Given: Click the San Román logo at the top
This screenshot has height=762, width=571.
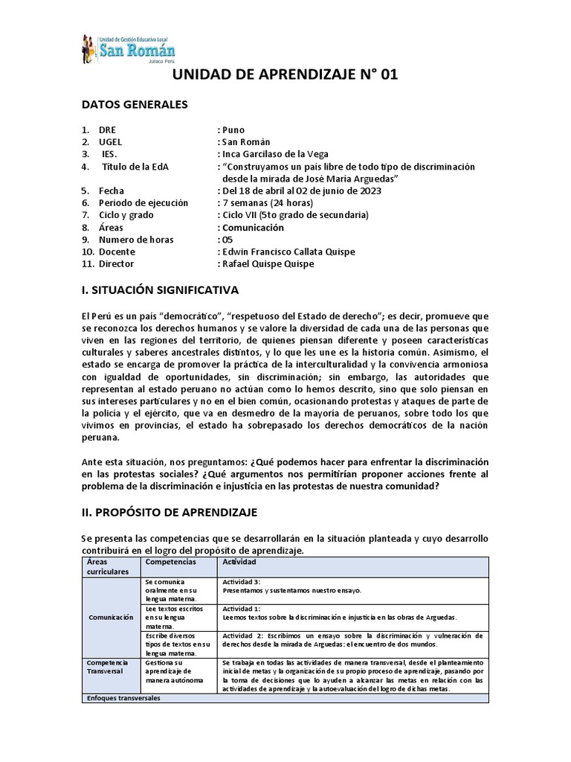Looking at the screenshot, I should coord(128,49).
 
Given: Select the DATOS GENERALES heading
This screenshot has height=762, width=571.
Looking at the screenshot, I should coord(134,104).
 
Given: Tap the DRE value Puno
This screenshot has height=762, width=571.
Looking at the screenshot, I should coord(232,129).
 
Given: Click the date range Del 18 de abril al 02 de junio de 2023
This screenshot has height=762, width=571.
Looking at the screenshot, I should coord(300,190).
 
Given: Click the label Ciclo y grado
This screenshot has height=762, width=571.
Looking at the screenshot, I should coord(126,215).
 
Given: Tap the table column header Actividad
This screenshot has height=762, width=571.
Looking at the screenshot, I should coord(240,562).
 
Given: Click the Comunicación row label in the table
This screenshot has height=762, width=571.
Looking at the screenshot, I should coord(111,617).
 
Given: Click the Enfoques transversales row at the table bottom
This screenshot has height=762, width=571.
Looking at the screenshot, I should coord(123,698).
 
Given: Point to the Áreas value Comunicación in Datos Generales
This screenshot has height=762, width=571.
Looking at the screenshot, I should coord(252,228).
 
